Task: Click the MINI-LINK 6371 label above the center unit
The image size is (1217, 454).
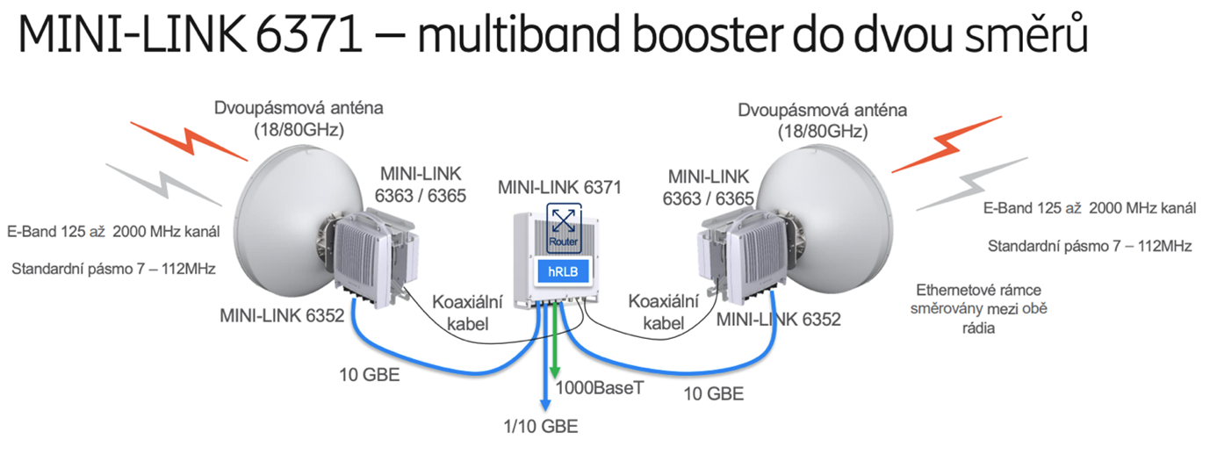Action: click(x=559, y=187)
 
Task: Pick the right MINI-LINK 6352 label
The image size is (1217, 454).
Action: click(x=778, y=319)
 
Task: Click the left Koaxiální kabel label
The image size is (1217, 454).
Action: click(x=466, y=313)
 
